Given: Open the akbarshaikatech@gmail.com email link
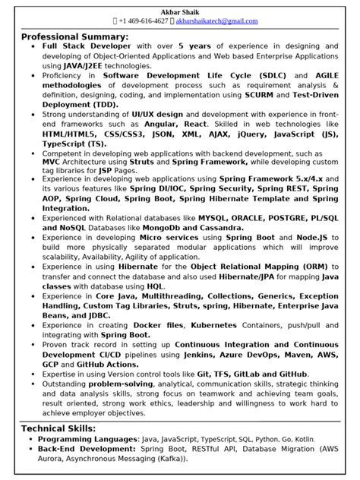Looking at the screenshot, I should pos(217,21).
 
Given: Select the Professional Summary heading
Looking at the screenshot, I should pos(74,36).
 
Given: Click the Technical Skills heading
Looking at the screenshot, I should pos(58,428).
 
